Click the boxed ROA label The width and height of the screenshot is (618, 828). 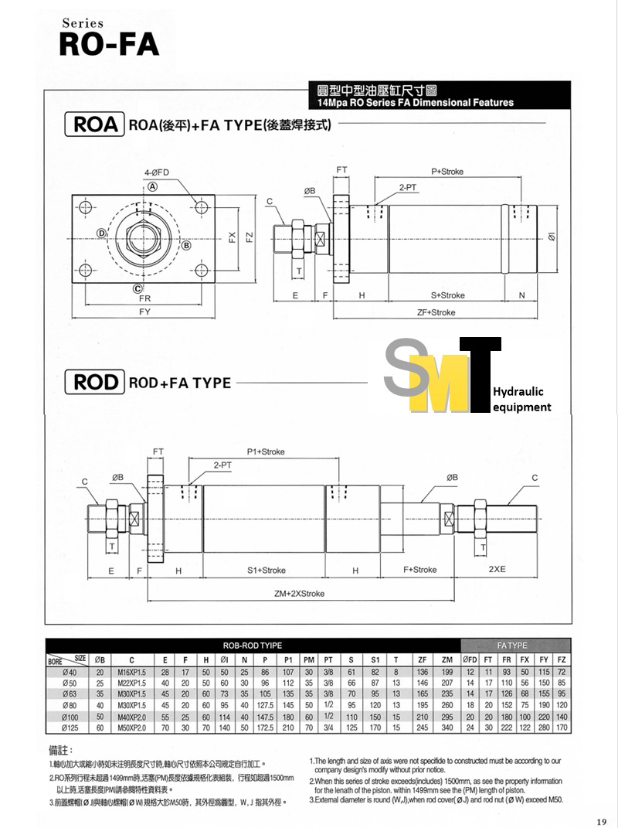95,124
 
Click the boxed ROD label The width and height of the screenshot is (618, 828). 95,382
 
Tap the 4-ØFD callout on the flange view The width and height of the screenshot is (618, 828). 158,172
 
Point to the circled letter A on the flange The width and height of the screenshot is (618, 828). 153,186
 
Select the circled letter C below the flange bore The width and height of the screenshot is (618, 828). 136,289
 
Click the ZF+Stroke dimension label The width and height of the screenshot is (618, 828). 436,312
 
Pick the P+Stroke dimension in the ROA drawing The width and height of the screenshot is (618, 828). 447,171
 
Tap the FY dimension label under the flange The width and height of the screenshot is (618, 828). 144,312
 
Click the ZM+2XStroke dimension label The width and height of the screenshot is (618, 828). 299,594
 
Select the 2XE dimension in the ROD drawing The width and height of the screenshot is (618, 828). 497,570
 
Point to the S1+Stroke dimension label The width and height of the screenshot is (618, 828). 267,570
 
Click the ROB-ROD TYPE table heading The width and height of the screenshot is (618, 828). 252,645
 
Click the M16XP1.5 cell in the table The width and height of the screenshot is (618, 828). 132,673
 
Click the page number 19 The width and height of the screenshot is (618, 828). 601,821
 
